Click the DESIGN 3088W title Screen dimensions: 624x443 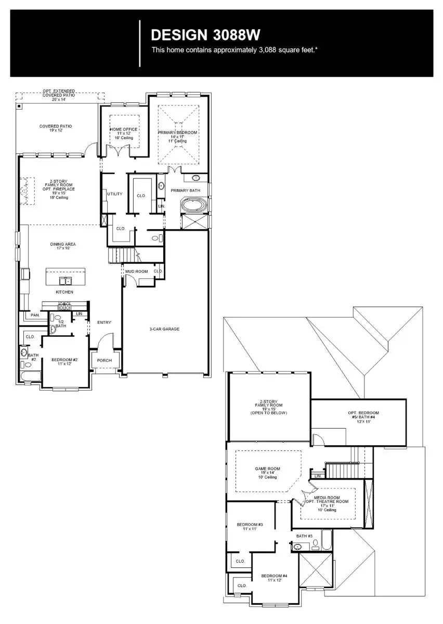pyautogui.click(x=205, y=35)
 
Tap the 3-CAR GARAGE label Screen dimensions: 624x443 pyautogui.click(x=164, y=329)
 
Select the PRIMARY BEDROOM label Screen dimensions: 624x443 pyautogui.click(x=178, y=133)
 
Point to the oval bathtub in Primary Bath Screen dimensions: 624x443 pyautogui.click(x=193, y=206)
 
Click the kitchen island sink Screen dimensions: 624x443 pyautogui.click(x=66, y=281)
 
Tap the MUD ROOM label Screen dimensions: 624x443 pyautogui.click(x=136, y=272)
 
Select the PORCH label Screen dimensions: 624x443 pyautogui.click(x=105, y=361)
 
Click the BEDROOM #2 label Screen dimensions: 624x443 pyautogui.click(x=64, y=360)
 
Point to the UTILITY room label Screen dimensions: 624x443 pyautogui.click(x=114, y=194)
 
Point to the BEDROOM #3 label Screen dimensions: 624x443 pyautogui.click(x=250, y=525)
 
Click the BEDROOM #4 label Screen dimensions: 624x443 pyautogui.click(x=274, y=576)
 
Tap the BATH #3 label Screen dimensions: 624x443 pyautogui.click(x=304, y=536)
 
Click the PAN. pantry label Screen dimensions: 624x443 pyautogui.click(x=35, y=315)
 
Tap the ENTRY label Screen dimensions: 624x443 pyautogui.click(x=104, y=323)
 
